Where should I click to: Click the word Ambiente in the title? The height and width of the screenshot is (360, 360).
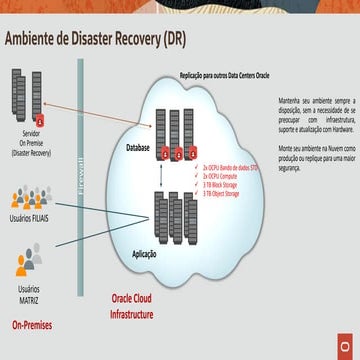37,40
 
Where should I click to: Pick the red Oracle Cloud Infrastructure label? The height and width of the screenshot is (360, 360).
131,307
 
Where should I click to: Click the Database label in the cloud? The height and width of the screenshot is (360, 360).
137,148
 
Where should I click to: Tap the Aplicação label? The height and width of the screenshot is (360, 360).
144,255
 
